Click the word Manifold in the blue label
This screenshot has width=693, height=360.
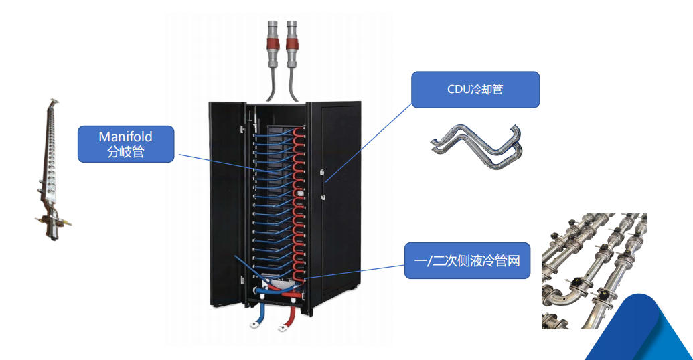tap(125, 137)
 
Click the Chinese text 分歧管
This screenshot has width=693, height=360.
tap(125, 151)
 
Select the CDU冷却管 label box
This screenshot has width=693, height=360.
tap(475, 90)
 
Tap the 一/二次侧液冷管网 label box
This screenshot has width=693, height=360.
tap(467, 260)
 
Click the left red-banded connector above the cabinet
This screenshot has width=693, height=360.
tap(273, 44)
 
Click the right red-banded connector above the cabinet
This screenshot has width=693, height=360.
tap(292, 44)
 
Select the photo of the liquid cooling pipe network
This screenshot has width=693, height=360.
tap(594, 271)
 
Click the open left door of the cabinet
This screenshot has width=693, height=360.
tap(227, 204)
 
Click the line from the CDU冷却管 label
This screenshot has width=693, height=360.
tap(369, 143)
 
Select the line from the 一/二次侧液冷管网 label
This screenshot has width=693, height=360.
tap(354, 272)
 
